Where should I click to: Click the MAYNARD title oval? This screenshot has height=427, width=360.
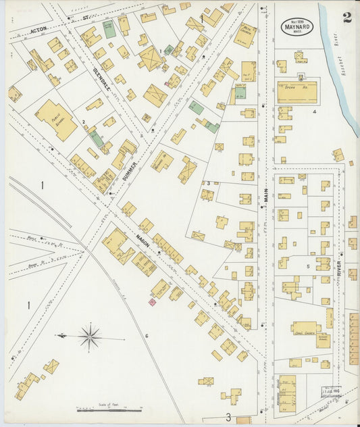[x=297, y=27]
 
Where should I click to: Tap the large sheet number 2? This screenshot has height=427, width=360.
[x=346, y=18]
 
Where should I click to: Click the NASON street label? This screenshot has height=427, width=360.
[x=142, y=238]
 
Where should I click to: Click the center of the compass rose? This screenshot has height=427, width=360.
[x=89, y=335]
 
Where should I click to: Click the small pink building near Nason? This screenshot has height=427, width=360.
[x=152, y=303]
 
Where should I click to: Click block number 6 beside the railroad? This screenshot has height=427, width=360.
[x=146, y=336]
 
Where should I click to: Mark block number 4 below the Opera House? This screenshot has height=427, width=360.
[x=314, y=111]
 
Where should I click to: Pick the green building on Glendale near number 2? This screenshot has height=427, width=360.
[x=98, y=139]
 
